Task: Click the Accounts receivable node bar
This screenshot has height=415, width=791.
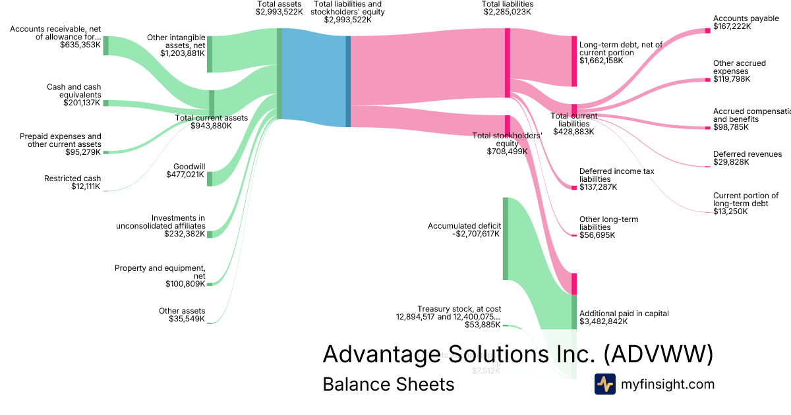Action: pyautogui.click(x=105, y=45)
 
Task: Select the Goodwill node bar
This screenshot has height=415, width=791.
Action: pyautogui.click(x=210, y=179)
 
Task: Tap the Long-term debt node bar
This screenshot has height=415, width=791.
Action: pyautogui.click(x=573, y=61)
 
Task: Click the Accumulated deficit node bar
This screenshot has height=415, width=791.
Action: pyautogui.click(x=506, y=238)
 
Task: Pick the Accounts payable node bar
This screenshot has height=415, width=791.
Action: pyautogui.click(x=709, y=30)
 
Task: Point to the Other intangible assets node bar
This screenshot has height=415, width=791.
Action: pyautogui.click(x=210, y=54)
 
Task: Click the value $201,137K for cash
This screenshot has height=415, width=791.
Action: pyautogui.click(x=82, y=103)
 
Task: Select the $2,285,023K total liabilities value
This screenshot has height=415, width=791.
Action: pyautogui.click(x=507, y=12)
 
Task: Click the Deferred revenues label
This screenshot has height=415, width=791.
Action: pyautogui.click(x=747, y=154)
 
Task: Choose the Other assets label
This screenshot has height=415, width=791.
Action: pyautogui.click(x=182, y=311)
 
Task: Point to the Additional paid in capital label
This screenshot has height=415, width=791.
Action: pyautogui.click(x=624, y=314)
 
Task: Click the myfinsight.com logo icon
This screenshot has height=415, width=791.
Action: pyautogui.click(x=604, y=384)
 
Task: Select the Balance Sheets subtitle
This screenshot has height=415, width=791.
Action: pyautogui.click(x=388, y=385)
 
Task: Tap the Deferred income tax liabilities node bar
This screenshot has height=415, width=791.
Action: pyautogui.click(x=573, y=188)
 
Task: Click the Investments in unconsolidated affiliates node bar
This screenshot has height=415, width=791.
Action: pyautogui.click(x=210, y=234)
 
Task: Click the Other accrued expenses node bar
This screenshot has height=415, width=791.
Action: pyautogui.click(x=709, y=80)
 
